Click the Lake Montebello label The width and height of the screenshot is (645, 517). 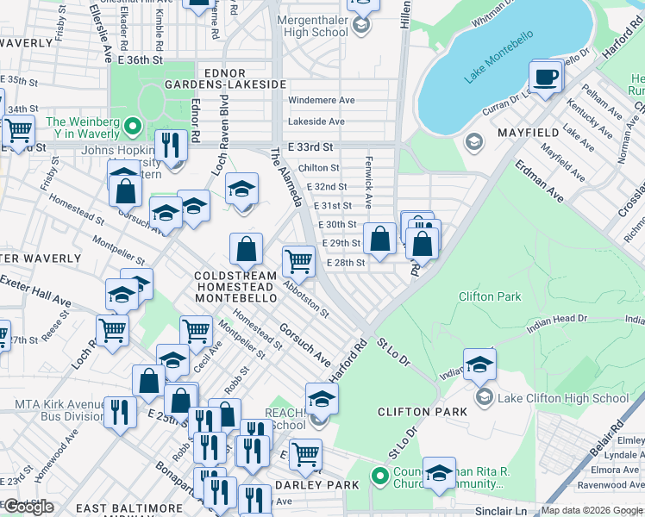[x=499, y=58]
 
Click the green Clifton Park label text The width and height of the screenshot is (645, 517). [x=489, y=296]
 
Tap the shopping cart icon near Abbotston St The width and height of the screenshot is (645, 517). [x=298, y=259]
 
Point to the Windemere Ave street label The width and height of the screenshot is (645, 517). [x=322, y=100]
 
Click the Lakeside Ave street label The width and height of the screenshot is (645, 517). [x=316, y=121]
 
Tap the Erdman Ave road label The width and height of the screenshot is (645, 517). [x=540, y=180]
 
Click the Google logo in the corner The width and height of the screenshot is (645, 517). [x=28, y=507]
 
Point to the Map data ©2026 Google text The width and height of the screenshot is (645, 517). [x=592, y=510]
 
